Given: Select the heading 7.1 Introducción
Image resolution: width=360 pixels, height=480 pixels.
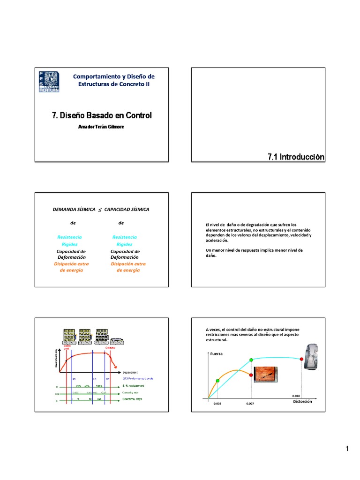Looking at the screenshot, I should pos(295,157).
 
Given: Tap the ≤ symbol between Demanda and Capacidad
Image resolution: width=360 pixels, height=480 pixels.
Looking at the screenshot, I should pos(99,209).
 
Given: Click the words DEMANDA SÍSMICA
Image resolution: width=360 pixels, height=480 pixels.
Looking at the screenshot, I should pos(74,209).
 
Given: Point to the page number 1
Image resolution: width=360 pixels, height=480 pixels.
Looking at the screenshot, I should pos(347,449).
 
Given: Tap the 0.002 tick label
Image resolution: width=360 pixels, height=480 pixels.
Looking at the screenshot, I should pos(217,403).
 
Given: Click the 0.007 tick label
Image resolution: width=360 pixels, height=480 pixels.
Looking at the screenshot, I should pos(250,403).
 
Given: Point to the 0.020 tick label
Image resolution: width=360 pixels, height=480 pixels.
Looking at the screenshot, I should pos(295,396).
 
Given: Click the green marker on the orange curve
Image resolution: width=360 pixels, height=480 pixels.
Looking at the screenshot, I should pos(217,381).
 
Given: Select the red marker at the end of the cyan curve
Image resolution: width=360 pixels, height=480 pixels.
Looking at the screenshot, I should pos(301,359).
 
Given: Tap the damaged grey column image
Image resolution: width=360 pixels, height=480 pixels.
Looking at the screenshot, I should pos(313,356).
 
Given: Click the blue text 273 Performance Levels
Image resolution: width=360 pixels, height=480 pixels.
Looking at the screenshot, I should pos(137,378).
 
